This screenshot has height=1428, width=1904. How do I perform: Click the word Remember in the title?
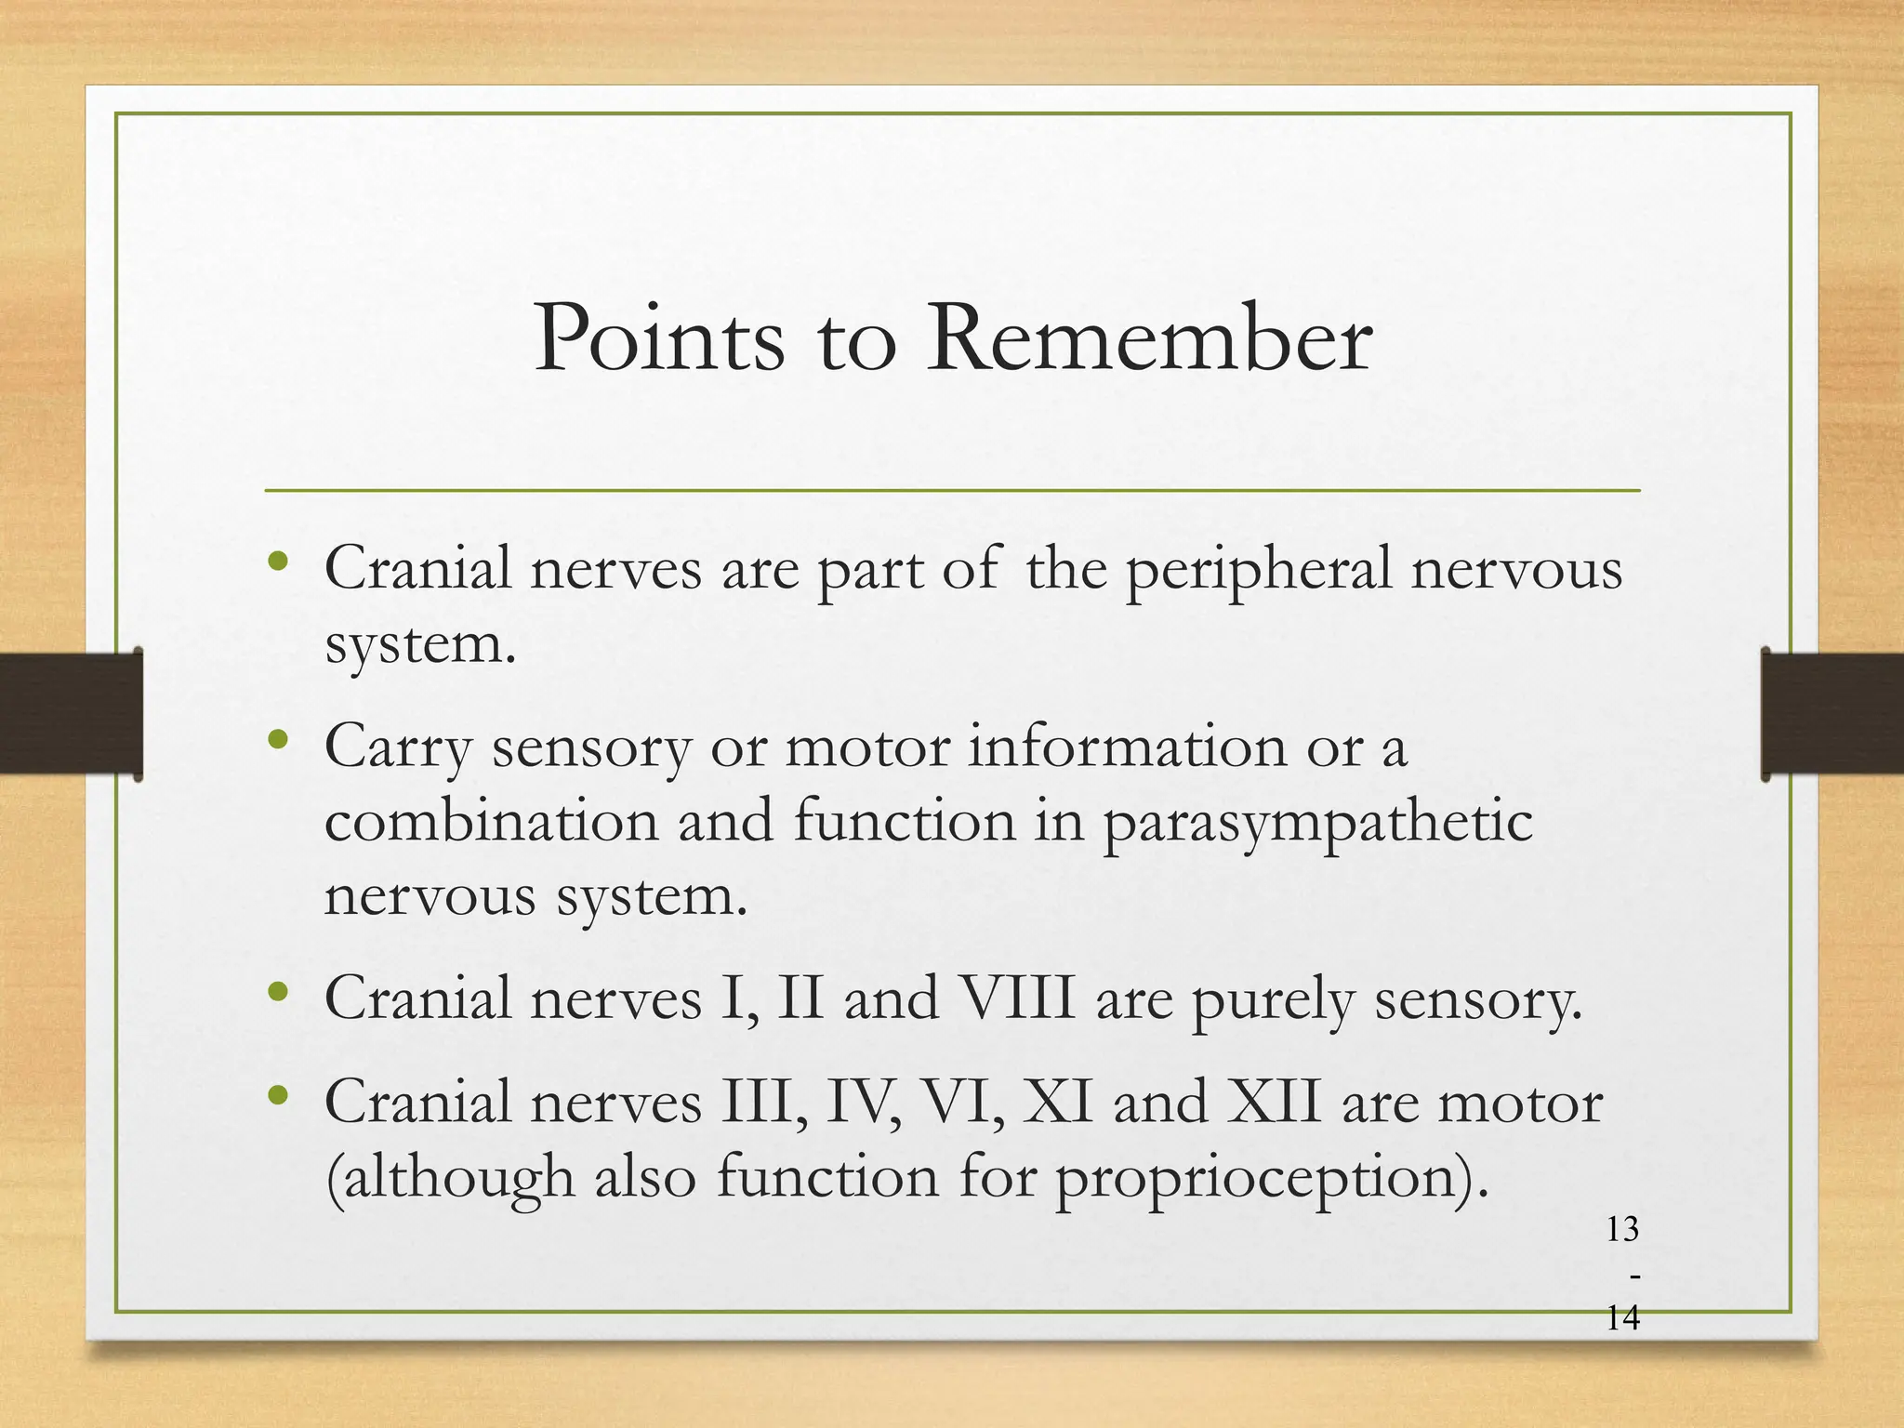pyautogui.click(x=1148, y=338)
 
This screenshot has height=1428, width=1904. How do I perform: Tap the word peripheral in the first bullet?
pyautogui.click(x=1259, y=570)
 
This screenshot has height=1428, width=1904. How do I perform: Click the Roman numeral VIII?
pyautogui.click(x=1017, y=998)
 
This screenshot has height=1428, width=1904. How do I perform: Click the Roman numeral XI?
pyautogui.click(x=1057, y=1103)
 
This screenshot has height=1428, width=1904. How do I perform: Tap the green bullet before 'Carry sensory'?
pyautogui.click(x=277, y=741)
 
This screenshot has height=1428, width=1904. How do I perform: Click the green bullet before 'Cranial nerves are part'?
pyautogui.click(x=277, y=562)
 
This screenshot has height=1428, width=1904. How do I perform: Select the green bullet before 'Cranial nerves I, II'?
pyautogui.click(x=277, y=993)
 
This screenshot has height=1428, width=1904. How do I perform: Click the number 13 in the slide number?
pyautogui.click(x=1622, y=1230)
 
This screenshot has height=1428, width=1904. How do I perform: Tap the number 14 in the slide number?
pyautogui.click(x=1622, y=1318)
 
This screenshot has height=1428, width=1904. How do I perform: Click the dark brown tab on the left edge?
pyautogui.click(x=71, y=713)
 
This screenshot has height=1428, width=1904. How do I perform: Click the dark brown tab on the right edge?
pyautogui.click(x=1832, y=713)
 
